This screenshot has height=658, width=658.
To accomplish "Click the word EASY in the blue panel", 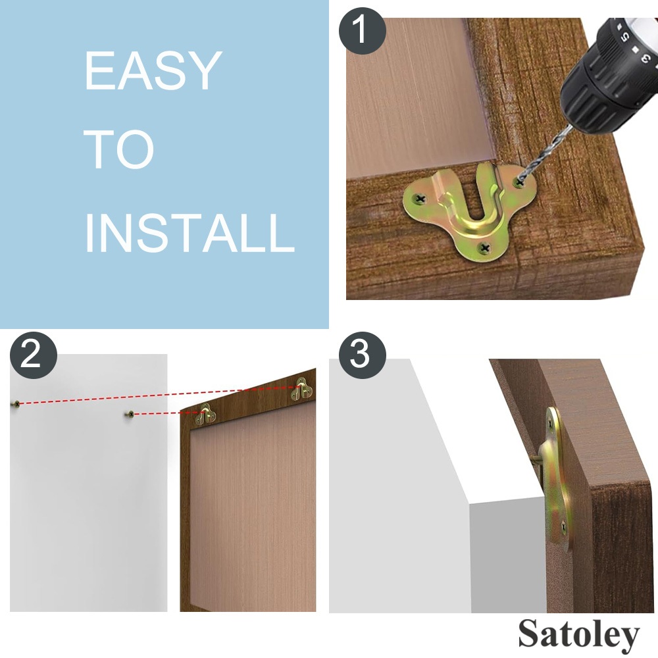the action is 153,70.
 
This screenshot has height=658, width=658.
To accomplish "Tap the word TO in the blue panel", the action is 119,149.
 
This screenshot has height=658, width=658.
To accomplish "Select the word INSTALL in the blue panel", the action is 190,232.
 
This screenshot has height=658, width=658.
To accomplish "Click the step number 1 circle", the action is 362,31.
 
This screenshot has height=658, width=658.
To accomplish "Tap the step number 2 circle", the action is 33,355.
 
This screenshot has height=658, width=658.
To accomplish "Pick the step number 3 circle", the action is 362,355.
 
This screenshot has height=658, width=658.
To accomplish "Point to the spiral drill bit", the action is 545,155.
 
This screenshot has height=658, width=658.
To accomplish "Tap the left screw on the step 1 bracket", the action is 420,199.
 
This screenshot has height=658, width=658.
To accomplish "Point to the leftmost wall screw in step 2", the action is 16,404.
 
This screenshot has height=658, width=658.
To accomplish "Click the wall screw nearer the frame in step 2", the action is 130,415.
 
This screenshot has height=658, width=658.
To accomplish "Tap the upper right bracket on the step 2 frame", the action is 302,389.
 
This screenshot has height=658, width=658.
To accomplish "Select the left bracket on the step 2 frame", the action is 205,414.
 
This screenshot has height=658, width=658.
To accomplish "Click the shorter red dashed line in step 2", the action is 168,414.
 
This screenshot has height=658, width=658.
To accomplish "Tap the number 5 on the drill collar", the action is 625,37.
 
